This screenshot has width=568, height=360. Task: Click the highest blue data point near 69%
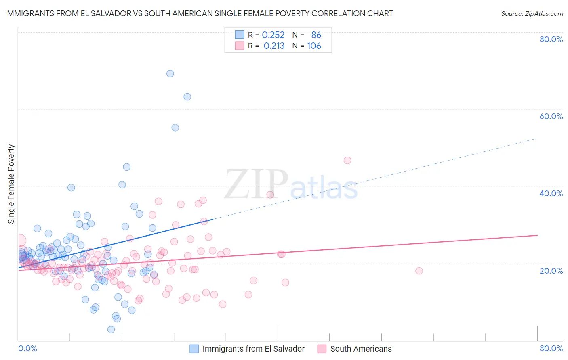pyautogui.click(x=170, y=73)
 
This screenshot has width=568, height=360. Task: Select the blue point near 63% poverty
pyautogui.click(x=187, y=97)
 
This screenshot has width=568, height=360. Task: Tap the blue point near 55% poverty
pyautogui.click(x=175, y=128)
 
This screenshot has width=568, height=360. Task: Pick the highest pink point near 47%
pyautogui.click(x=347, y=160)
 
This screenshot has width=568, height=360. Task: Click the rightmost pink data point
pyautogui.click(x=419, y=271)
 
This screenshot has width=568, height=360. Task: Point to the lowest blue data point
pyautogui.click(x=111, y=329)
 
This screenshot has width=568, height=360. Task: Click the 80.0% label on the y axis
pyautogui.click(x=551, y=39)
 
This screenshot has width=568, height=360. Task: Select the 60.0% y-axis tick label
pyautogui.click(x=551, y=116)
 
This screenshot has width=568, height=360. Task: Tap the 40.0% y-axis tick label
pyautogui.click(x=551, y=193)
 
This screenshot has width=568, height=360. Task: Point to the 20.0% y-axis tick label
pyautogui.click(x=551, y=270)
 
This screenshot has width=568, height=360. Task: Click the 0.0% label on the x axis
pyautogui.click(x=27, y=348)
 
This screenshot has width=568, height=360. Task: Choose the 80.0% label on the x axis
pyautogui.click(x=551, y=348)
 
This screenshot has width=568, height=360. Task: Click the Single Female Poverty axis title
pyautogui.click(x=11, y=184)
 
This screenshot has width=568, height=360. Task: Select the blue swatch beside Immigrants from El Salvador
pyautogui.click(x=194, y=349)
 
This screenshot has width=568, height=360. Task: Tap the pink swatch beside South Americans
pyautogui.click(x=322, y=349)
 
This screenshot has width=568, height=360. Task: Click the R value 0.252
pyautogui.click(x=273, y=35)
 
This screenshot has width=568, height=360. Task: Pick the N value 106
pyautogui.click(x=314, y=46)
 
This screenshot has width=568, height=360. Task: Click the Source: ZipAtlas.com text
pyautogui.click(x=532, y=14)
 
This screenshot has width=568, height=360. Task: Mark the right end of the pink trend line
pyautogui.click(x=537, y=235)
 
